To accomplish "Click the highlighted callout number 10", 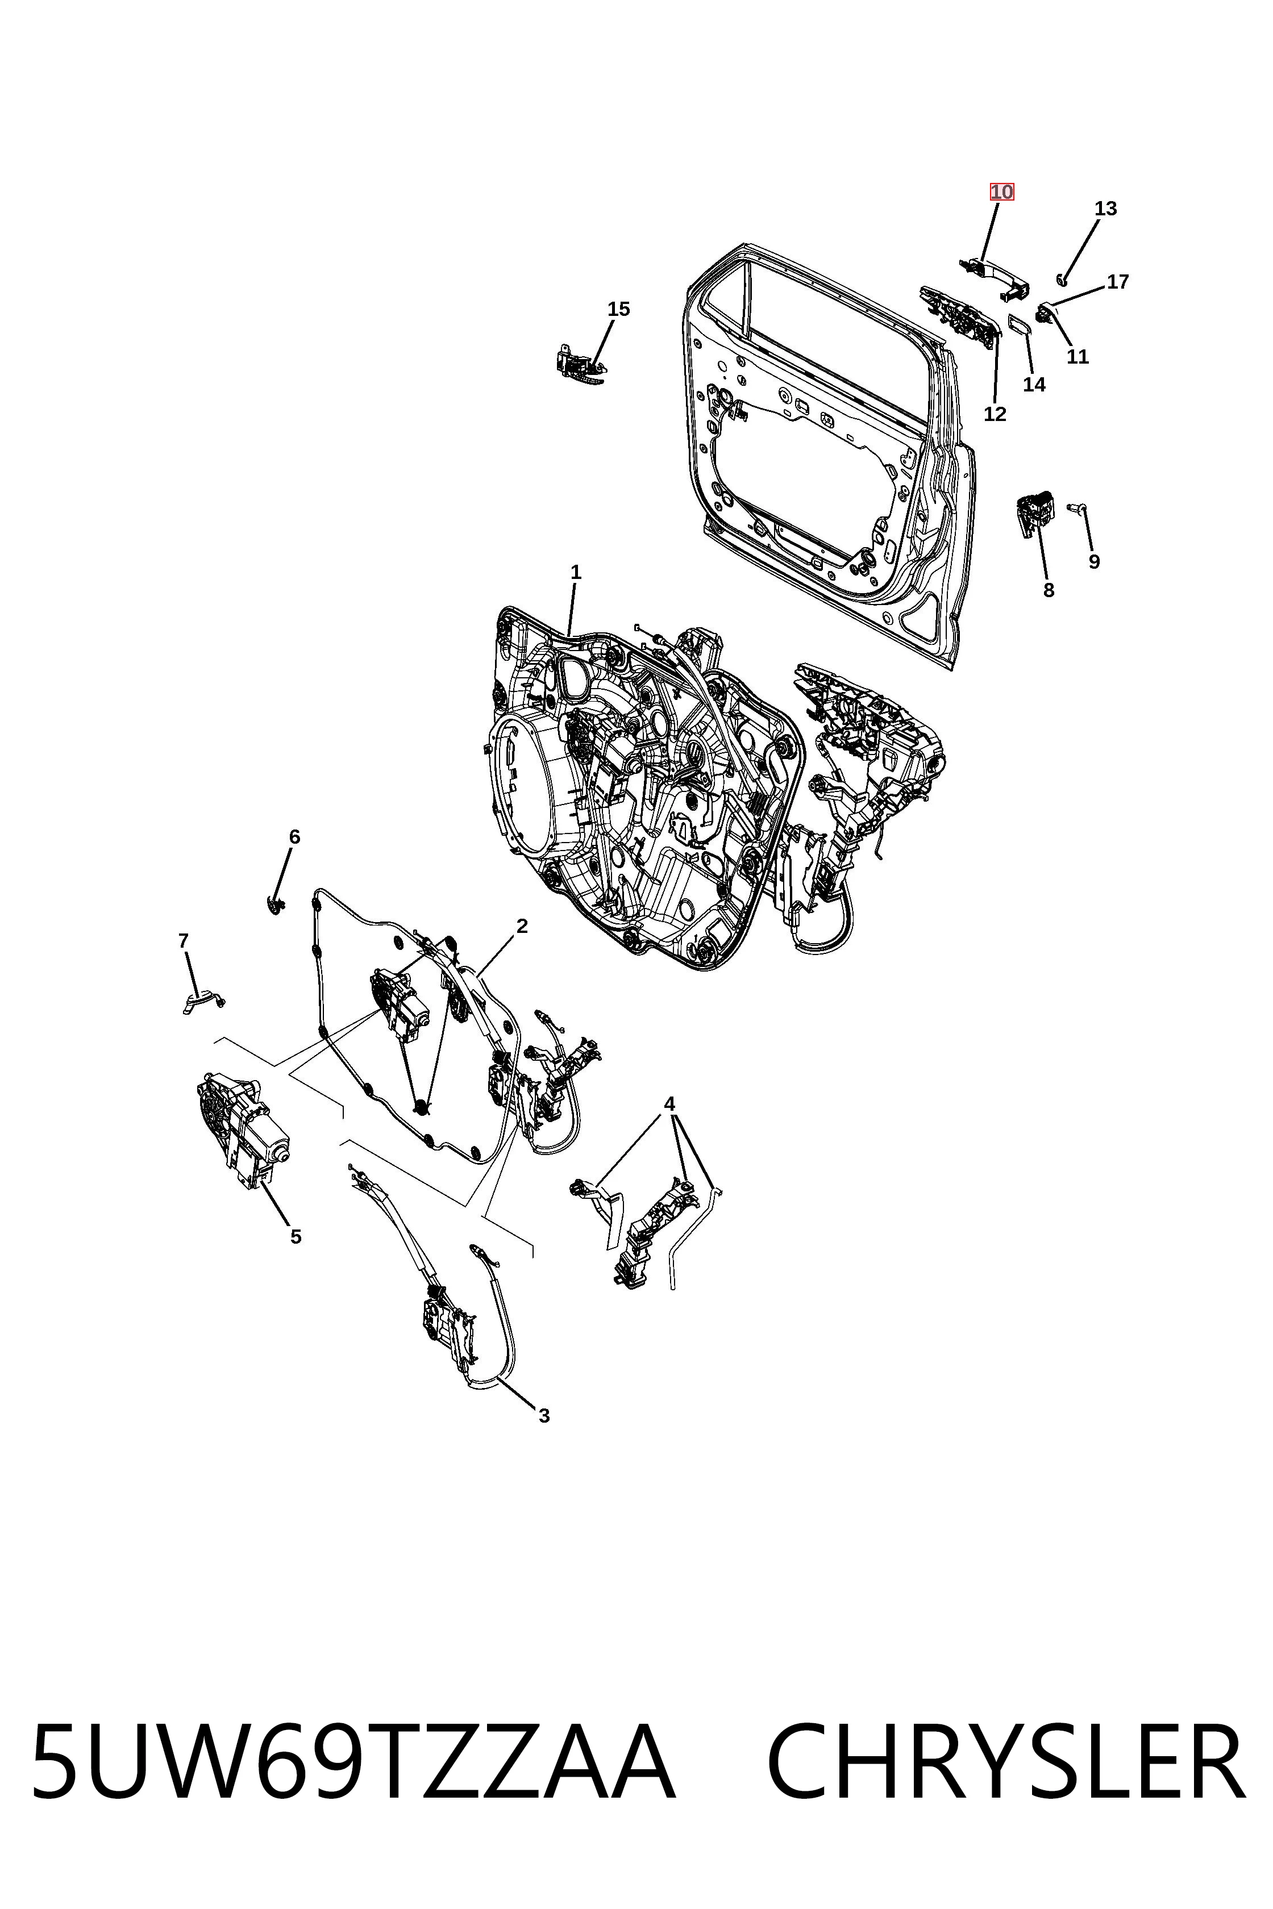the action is click(x=1001, y=193).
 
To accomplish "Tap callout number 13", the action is click(x=1105, y=209).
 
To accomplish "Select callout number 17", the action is click(x=1118, y=282).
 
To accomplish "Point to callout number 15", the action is click(x=619, y=309).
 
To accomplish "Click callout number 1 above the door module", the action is click(x=576, y=572).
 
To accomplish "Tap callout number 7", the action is click(x=184, y=941).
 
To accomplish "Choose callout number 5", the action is click(x=296, y=1237).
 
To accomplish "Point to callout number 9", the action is click(x=1095, y=562).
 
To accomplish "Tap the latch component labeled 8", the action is click(x=1034, y=511).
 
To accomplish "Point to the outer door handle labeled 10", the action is click(x=994, y=277).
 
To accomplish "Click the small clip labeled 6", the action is click(x=277, y=903).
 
